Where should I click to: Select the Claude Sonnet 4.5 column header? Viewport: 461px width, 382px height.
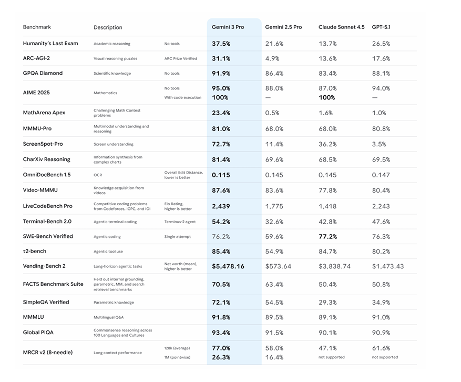pos(341,27)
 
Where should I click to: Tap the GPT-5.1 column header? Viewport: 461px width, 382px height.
pos(381,27)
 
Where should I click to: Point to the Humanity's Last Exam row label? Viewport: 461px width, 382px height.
pos(50,44)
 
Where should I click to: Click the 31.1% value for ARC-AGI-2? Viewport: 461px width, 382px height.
pos(221,58)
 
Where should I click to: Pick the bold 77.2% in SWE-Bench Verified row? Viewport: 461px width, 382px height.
pos(327,237)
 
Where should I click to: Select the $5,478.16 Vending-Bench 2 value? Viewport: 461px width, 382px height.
pos(228,266)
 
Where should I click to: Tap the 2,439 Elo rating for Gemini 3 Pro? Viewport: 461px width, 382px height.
pos(221,207)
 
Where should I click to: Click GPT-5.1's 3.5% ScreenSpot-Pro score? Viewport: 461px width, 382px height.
pos(379,144)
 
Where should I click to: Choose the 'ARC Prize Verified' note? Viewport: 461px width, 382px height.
pos(180,58)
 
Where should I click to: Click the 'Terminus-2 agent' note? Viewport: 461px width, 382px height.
pos(180,222)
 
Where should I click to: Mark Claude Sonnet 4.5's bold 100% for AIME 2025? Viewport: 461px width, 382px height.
pos(327,97)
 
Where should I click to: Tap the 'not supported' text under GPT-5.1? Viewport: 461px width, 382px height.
pos(385,357)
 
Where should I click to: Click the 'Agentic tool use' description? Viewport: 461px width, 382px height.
pos(108,252)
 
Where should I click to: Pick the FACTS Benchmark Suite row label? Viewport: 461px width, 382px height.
pos(53,284)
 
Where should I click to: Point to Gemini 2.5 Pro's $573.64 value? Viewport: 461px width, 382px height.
pos(278,266)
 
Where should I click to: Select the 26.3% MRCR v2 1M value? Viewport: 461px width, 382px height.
pos(221,357)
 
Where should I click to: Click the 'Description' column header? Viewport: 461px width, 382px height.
pos(108,27)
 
